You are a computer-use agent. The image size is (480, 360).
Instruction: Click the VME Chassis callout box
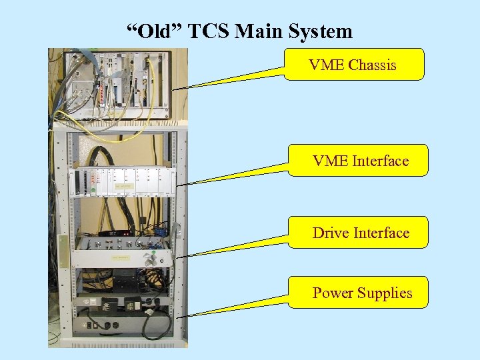pyautogui.click(x=353, y=65)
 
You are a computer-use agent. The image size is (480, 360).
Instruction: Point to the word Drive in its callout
pyautogui.click(x=331, y=233)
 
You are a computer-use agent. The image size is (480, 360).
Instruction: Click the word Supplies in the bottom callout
pyautogui.click(x=385, y=293)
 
